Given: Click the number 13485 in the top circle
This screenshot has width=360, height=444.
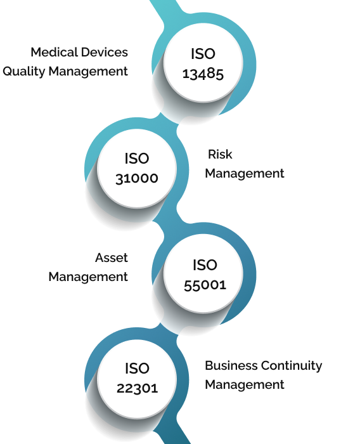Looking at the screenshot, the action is (x=203, y=74).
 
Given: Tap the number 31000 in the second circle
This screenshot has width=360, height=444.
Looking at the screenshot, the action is (x=137, y=178).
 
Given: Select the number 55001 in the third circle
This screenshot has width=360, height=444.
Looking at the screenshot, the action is (x=205, y=285).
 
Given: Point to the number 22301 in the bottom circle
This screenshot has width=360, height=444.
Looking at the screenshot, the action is (x=138, y=388).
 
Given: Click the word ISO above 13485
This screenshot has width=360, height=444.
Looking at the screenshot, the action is (x=203, y=54).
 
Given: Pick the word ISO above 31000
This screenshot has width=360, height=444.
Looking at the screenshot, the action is (x=137, y=159).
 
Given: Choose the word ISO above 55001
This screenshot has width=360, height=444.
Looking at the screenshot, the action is (x=205, y=265).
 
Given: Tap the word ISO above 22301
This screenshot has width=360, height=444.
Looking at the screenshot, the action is (x=138, y=369).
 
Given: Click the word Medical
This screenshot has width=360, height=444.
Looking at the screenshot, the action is (x=54, y=52).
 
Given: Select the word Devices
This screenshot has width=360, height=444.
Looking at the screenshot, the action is (x=105, y=52).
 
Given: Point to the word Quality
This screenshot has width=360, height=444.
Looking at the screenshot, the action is (x=24, y=71).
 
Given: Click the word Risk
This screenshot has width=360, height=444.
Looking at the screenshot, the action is (x=220, y=154).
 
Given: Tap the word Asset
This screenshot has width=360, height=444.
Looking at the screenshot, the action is (x=112, y=258).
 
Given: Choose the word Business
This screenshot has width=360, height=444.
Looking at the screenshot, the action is (x=231, y=365).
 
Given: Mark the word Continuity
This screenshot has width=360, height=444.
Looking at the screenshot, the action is (x=292, y=366).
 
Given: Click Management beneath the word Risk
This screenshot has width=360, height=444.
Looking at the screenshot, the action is (x=245, y=174).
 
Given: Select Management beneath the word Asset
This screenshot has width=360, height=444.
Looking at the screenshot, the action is (x=88, y=277).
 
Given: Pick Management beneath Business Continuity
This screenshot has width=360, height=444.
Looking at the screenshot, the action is (x=245, y=385).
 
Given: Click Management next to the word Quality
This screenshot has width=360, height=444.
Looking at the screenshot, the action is (x=88, y=71).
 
